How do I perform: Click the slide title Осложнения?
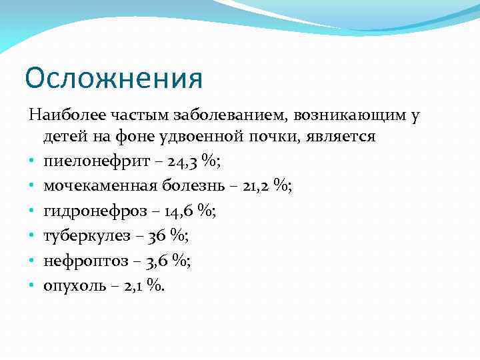coord(113,78)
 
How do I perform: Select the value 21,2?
coord(253,185)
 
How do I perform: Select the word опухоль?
coord(73,285)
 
